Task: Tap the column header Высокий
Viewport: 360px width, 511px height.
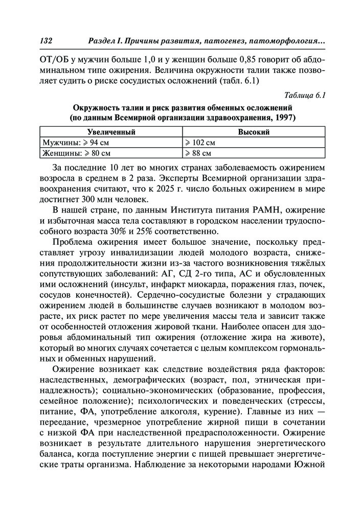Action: [254, 132]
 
